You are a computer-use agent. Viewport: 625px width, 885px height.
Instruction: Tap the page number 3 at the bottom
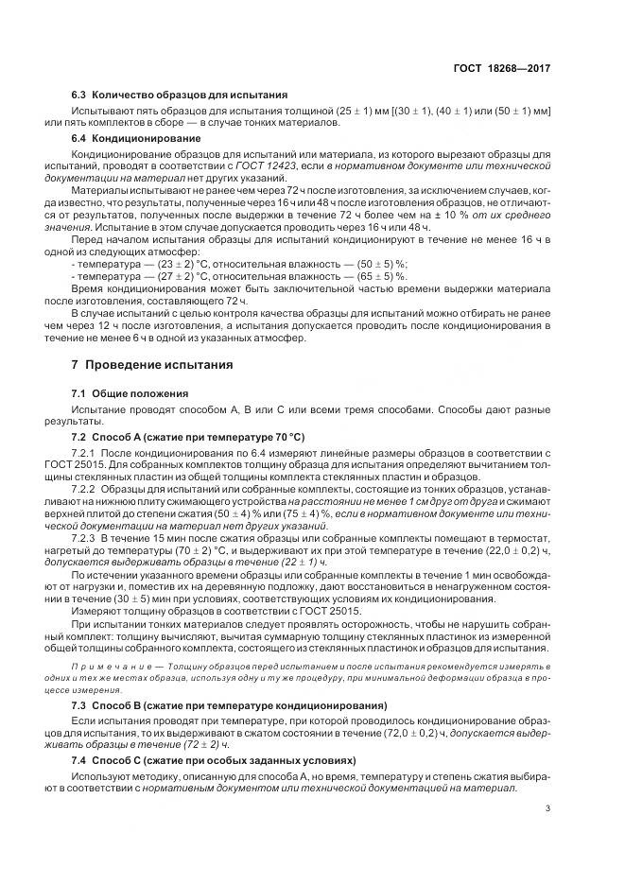[547, 807]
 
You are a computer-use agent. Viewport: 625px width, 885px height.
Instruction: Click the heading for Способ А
[177, 440]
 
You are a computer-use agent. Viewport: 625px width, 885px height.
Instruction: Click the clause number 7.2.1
[86, 454]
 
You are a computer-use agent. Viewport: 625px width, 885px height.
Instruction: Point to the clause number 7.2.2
[86, 489]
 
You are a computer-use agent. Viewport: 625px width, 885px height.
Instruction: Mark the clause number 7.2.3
[86, 536]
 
